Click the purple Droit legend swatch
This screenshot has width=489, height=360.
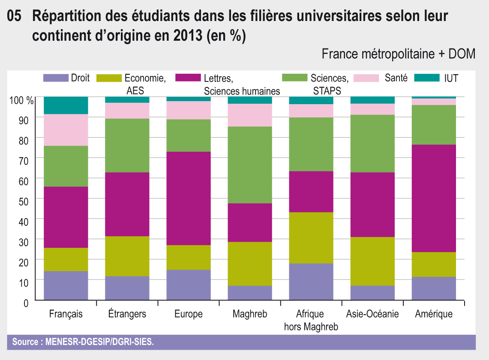56,78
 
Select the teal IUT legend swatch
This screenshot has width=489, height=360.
427,78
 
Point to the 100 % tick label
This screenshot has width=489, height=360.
21,101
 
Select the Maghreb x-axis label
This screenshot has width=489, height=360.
250,314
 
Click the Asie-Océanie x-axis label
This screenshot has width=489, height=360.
372,314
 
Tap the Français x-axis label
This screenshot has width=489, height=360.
66,314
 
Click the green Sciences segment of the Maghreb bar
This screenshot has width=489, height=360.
250,165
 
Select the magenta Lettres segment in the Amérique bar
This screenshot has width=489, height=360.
434,198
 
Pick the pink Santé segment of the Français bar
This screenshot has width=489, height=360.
66,130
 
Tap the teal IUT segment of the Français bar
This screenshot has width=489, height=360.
66,105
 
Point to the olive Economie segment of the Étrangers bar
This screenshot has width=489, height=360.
127,256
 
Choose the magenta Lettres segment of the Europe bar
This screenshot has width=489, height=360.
189,198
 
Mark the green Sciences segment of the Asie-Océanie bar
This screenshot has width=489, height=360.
372,144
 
